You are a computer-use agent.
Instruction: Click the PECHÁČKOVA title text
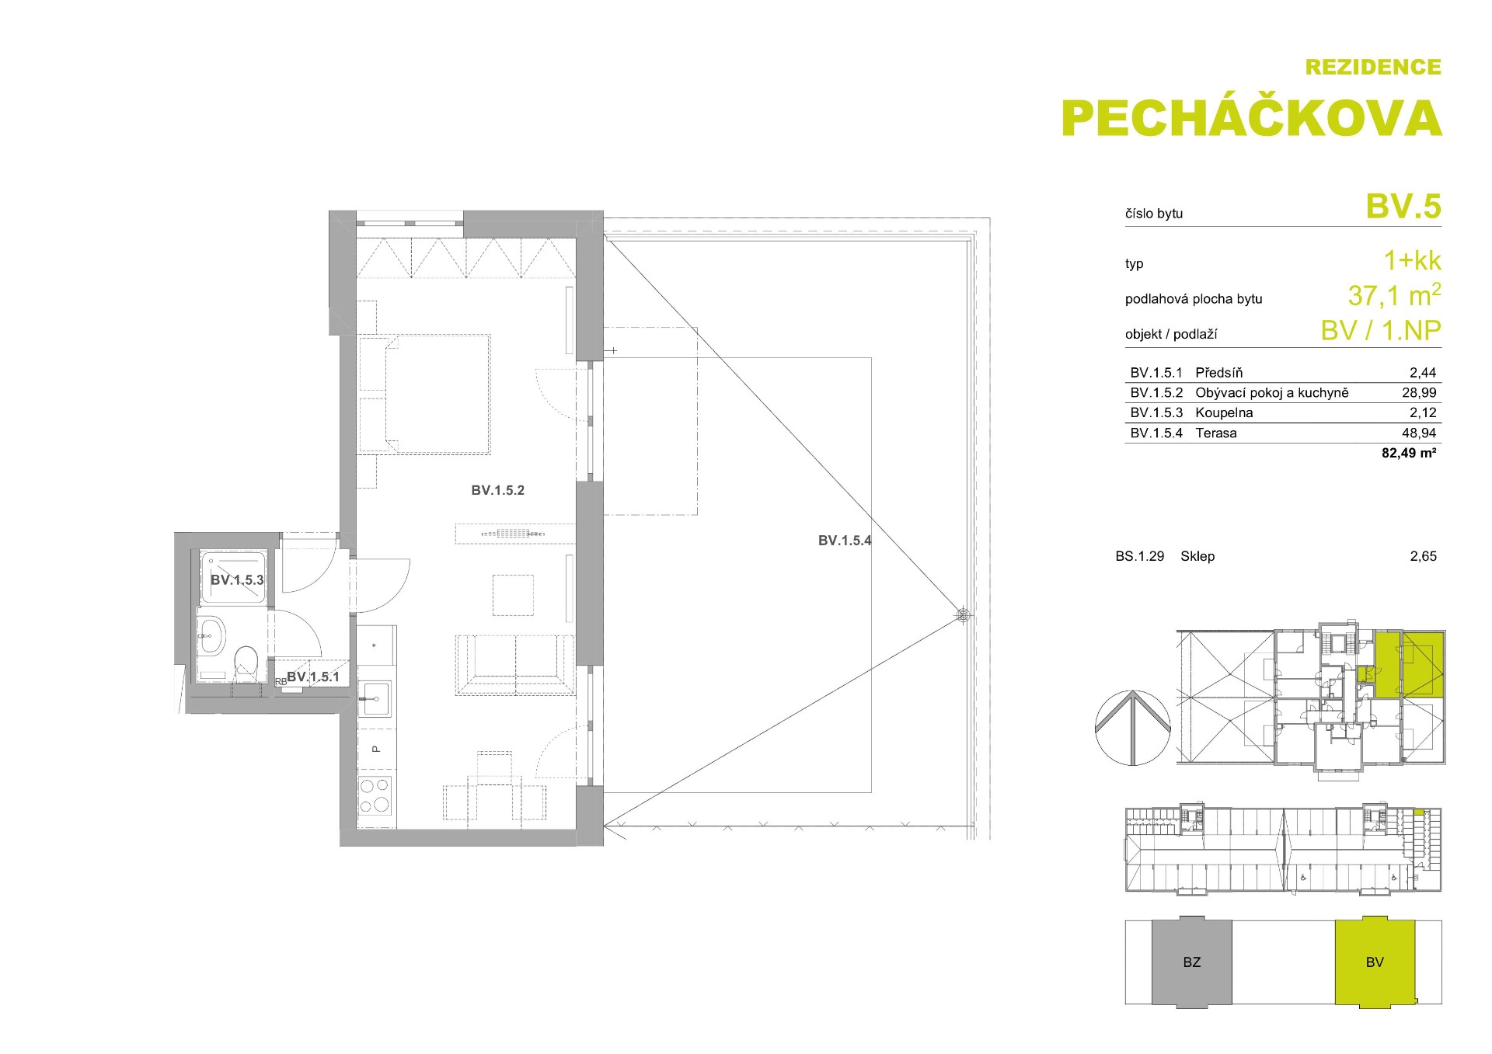(x=1251, y=117)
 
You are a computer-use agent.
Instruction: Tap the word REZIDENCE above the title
(x=1373, y=68)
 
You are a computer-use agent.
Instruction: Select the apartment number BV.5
(x=1403, y=207)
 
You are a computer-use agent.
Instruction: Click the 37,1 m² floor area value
(x=1395, y=295)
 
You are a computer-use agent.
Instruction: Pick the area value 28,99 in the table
(x=1419, y=393)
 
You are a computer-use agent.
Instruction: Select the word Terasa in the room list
(x=1216, y=433)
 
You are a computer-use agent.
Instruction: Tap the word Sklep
(x=1197, y=556)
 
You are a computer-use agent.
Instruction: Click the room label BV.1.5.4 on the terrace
(x=845, y=541)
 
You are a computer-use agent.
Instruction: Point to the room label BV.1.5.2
(x=497, y=490)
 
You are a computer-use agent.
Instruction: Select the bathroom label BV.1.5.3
(x=237, y=579)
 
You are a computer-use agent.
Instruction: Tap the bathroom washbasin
(x=211, y=635)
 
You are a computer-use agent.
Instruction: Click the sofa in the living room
(x=515, y=665)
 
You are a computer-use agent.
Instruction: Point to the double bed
(x=425, y=394)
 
